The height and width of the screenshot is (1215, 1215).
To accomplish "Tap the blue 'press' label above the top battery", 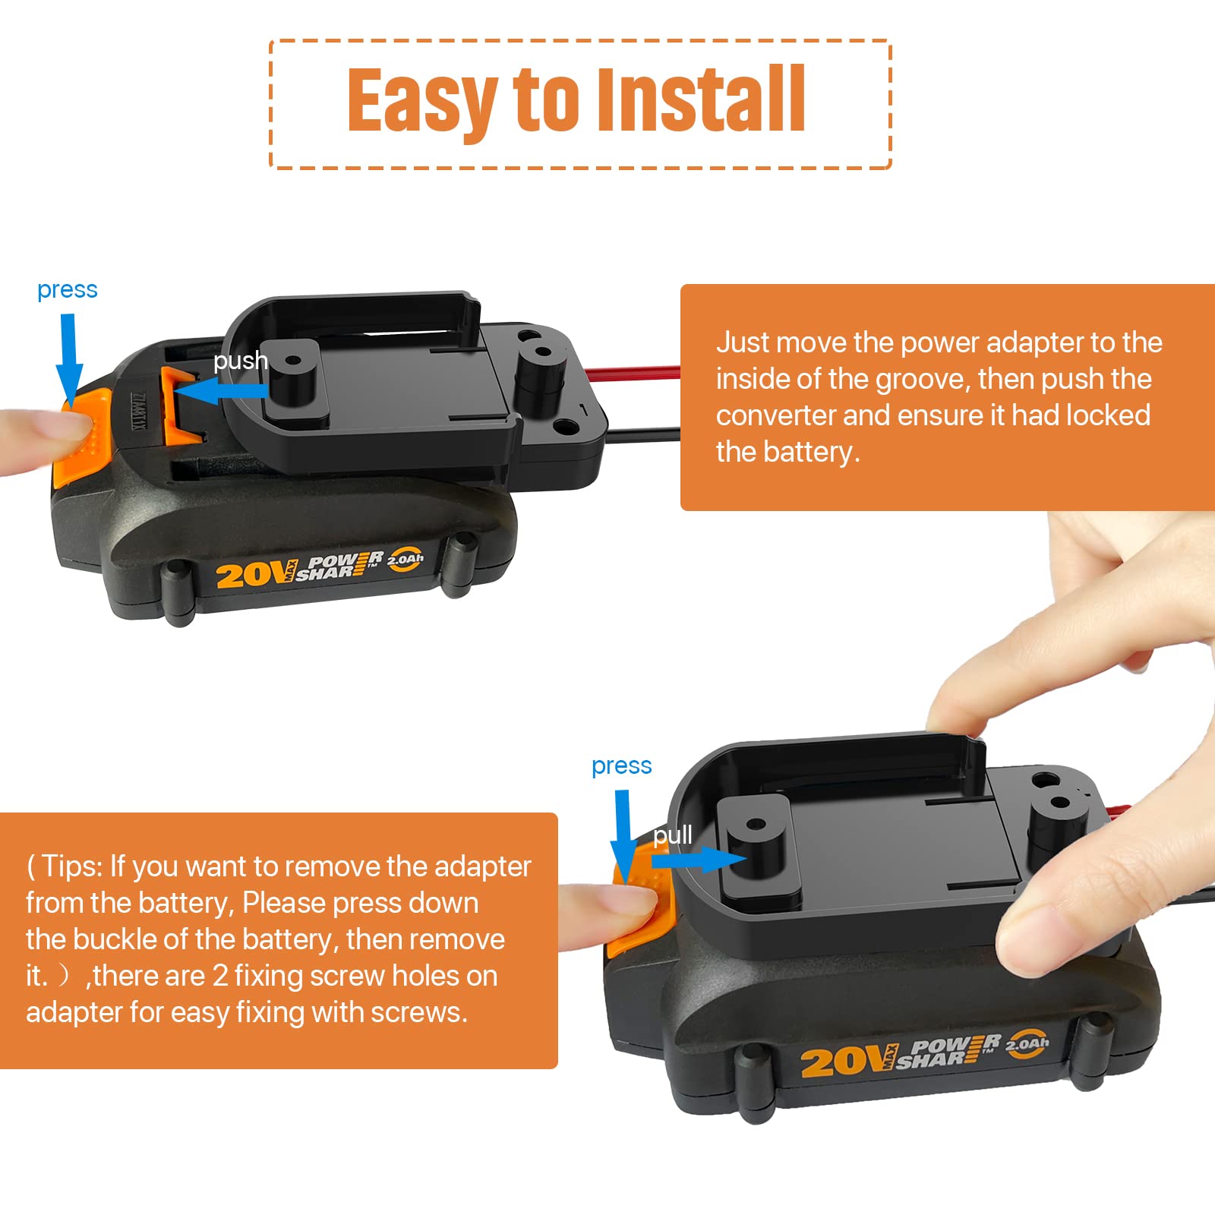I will point(67,290).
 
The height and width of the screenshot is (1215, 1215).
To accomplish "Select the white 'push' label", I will point(240,360).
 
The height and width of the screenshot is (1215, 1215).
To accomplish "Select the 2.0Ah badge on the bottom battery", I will point(1027,1044).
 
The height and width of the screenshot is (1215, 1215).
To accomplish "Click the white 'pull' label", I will point(672,835).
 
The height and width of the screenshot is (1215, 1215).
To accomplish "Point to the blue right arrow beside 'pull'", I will point(699,860).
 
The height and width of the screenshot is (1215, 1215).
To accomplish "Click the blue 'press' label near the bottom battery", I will point(621,766).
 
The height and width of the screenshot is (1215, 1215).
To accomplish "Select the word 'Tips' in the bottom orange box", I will point(71,866).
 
